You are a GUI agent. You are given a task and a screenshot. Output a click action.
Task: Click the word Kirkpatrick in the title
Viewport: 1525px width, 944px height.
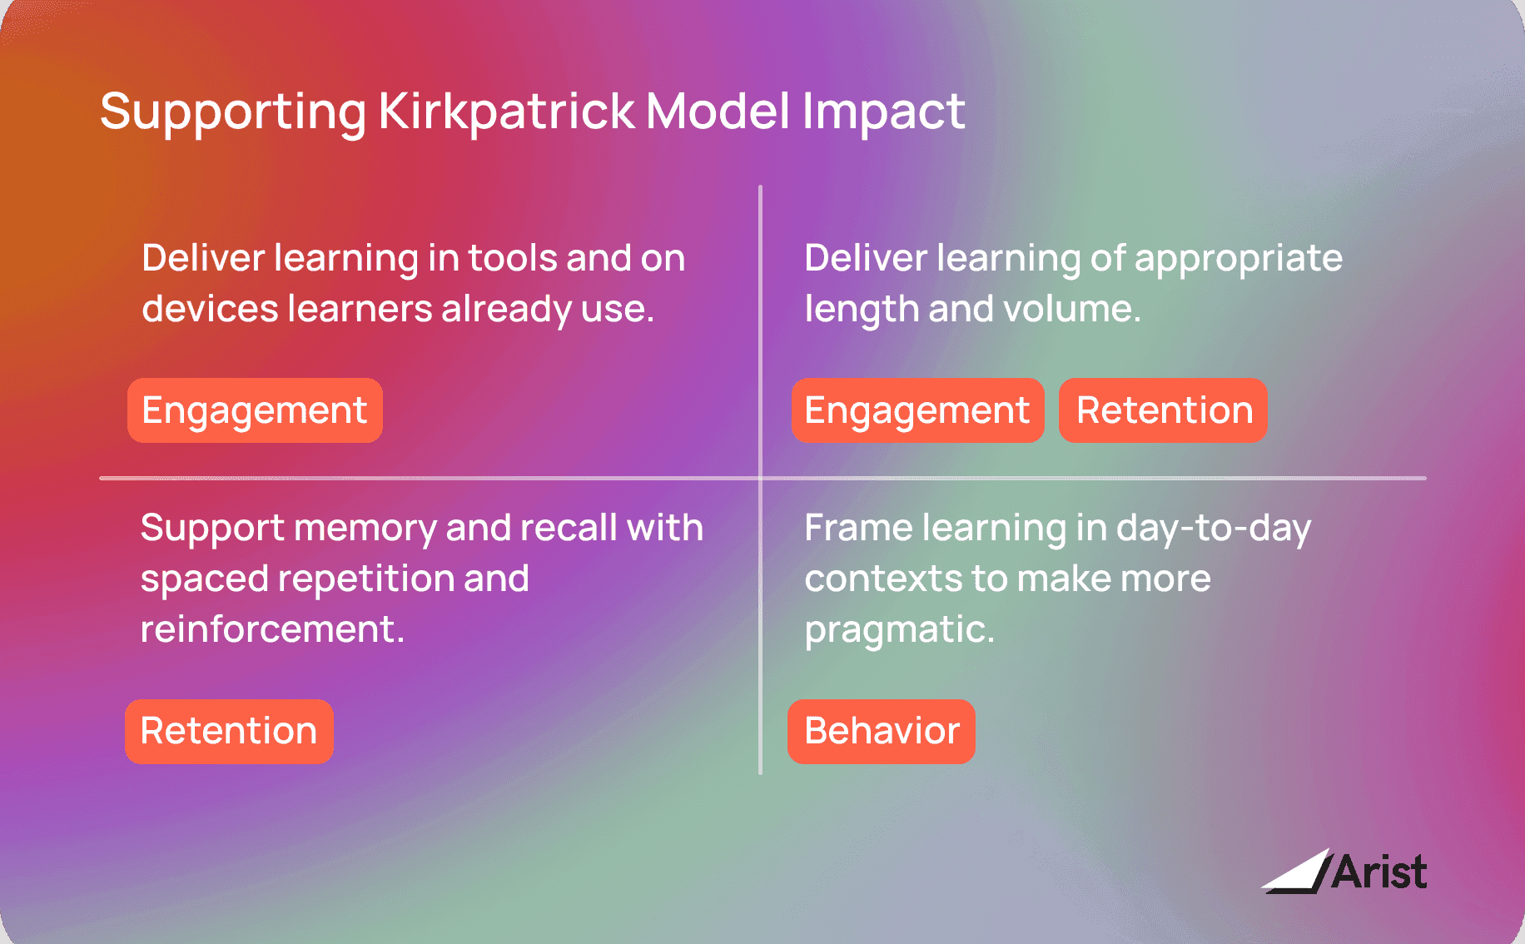pos(506,112)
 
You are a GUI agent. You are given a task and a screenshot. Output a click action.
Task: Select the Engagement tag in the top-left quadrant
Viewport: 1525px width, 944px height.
pos(255,410)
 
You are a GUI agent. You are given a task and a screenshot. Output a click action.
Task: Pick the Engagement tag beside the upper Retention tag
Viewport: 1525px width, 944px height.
pos(917,410)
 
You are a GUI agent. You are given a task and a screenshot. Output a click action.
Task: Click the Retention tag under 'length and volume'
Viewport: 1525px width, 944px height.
pos(1163,410)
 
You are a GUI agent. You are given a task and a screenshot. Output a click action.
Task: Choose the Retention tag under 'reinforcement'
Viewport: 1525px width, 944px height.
pos(229,731)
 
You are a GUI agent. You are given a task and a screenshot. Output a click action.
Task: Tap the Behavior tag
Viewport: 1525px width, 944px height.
pos(882,731)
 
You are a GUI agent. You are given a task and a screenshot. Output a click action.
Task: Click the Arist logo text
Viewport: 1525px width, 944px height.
pos(1379,872)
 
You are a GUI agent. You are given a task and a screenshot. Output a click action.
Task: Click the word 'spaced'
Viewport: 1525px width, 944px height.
pos(204,579)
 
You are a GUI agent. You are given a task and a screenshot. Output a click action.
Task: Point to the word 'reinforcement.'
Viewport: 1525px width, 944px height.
pos(272,629)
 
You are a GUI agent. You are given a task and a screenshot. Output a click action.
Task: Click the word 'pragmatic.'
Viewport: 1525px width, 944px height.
pos(899,630)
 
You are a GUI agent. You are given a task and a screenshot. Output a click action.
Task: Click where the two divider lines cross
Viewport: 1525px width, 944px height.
pos(760,478)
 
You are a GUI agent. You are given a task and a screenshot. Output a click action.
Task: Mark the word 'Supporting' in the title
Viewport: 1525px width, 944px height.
pos(233,112)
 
